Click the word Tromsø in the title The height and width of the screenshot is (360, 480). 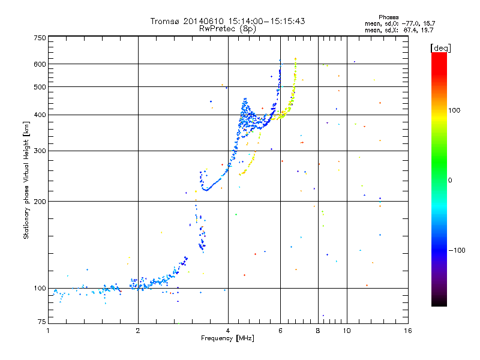pyautogui.click(x=164, y=22)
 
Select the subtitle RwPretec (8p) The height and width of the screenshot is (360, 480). pyautogui.click(x=227, y=28)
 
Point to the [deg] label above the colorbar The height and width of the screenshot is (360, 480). pyautogui.click(x=441, y=47)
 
